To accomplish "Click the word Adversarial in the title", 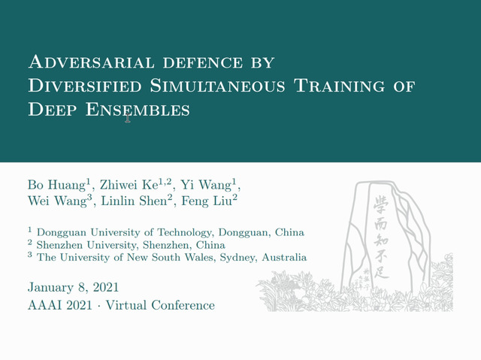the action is pos(92,62).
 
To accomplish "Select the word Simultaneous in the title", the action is pos(217,86).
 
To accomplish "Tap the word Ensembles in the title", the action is pos(138,110).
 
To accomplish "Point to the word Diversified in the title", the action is pos(85,86).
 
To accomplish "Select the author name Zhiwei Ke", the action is pos(135,184).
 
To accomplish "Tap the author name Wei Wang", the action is pos(60,201).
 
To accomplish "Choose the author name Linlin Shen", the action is pos(137,201).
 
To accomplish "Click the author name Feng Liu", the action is pos(210,201).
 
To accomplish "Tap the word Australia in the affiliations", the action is pos(284,257).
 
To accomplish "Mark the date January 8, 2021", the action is pos(73,287).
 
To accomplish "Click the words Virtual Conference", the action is pos(160,305).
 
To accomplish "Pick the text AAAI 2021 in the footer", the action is pos(60,305).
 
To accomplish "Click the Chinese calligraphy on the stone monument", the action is pos(381,237).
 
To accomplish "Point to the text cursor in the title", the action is pos(128,118).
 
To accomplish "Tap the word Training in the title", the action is pos(339,86).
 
